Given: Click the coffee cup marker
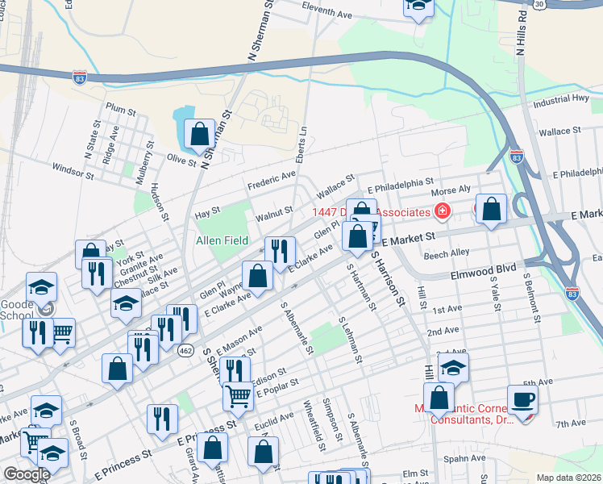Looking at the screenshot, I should coord(522,399).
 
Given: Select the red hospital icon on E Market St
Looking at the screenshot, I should coord(441,211).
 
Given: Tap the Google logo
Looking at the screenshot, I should coord(27,474).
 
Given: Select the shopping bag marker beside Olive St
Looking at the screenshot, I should coord(199,134).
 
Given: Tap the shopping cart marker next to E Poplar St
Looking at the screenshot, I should coord(238,395).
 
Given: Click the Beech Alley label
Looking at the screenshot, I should coord(447,252).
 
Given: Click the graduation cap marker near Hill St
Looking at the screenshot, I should coord(454,368).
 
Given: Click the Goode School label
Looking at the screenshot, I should coord(17,300).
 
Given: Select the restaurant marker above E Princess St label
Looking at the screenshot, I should coord(162,419).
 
